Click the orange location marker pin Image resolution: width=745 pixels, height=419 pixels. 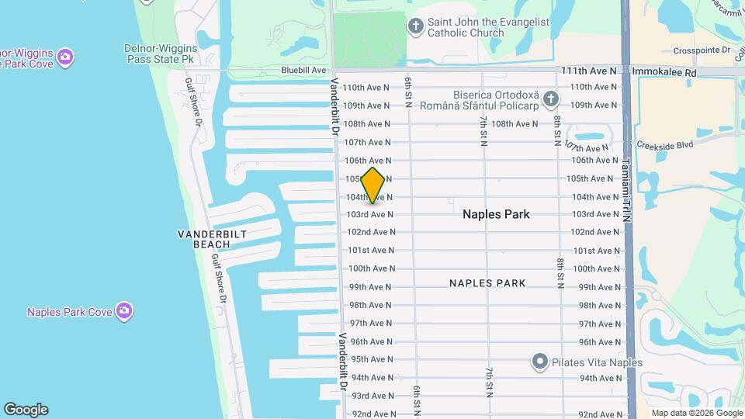(x=373, y=185)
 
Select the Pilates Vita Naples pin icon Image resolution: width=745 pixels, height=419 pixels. (x=540, y=362)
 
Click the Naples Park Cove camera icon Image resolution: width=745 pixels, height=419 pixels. (x=124, y=311)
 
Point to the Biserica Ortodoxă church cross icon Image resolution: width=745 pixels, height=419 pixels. (x=550, y=99)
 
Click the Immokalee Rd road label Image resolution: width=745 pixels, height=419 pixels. (x=665, y=71)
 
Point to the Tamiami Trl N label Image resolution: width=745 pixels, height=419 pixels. (x=627, y=191)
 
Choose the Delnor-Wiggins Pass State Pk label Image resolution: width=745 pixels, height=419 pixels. (x=160, y=53)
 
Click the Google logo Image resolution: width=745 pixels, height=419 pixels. (x=26, y=409)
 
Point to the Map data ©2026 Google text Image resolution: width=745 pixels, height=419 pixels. (x=695, y=413)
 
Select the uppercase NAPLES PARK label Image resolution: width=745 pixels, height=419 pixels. (x=487, y=283)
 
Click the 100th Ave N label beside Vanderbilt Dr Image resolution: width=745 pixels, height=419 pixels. (x=371, y=268)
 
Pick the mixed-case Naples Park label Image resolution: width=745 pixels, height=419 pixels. (x=496, y=214)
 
